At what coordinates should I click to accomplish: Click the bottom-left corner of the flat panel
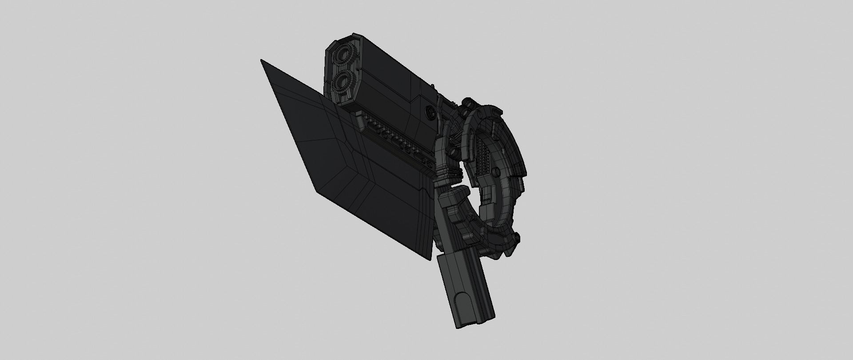(317, 192)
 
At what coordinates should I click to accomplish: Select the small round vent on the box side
(430, 112)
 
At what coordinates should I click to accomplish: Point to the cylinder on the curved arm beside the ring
(453, 152)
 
